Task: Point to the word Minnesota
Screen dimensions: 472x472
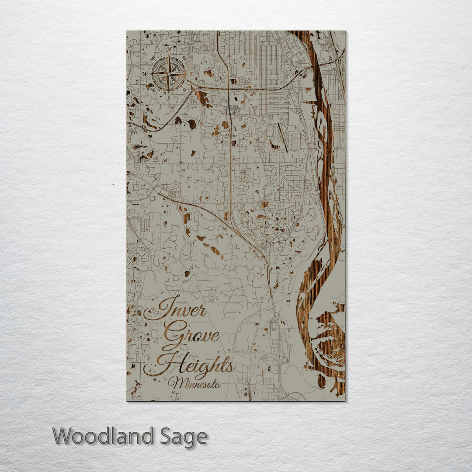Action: [x=197, y=384]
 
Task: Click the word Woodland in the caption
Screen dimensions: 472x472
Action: [x=104, y=436]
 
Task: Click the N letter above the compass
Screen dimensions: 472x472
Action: [x=169, y=50]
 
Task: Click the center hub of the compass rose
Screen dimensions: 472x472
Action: [x=169, y=74]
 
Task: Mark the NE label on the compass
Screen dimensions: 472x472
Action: [x=184, y=59]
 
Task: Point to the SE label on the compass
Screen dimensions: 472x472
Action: [x=184, y=90]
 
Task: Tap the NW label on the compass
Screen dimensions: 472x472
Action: [x=153, y=59]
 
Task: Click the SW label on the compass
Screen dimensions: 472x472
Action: [x=153, y=90]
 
